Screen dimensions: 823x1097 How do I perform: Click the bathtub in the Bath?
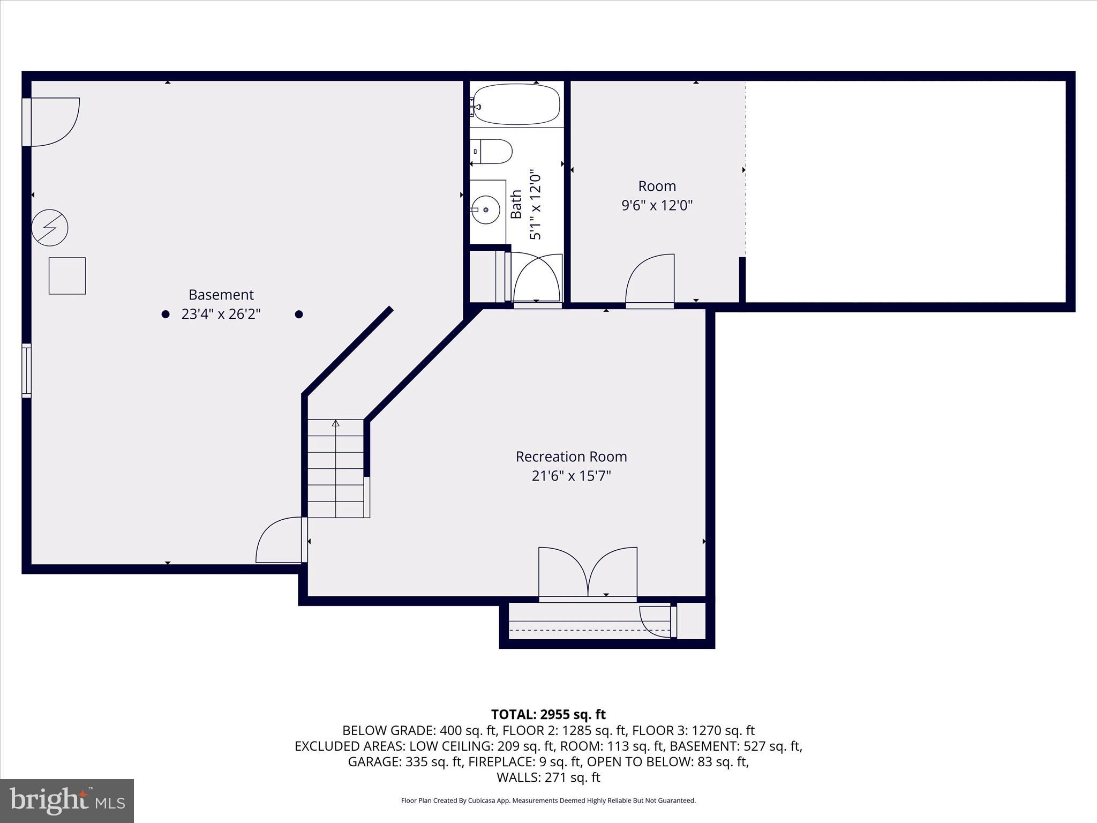coord(516,104)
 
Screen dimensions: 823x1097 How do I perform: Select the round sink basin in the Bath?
coord(486,210)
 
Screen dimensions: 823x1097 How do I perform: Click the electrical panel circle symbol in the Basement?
coord(50,228)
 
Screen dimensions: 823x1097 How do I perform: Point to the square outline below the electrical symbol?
coord(67,276)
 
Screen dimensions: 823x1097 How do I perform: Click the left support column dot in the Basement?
coord(166,315)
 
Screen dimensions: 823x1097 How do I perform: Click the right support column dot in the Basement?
coord(299,315)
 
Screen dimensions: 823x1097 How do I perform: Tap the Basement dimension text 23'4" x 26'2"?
coord(221,314)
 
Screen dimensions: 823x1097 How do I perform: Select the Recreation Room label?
coord(571,457)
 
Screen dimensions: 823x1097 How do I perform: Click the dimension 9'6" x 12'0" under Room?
coord(657,205)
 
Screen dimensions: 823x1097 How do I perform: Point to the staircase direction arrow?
coord(336,423)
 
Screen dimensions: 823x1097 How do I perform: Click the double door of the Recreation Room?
coord(588,573)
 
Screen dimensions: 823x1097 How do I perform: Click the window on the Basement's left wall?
coord(26,371)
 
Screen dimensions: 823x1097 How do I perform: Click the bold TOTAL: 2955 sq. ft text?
coord(548,714)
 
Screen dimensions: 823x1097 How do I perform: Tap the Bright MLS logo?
coord(67,800)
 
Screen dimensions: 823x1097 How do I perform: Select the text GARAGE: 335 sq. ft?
coord(405,761)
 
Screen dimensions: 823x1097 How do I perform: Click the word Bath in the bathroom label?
coord(516,204)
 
